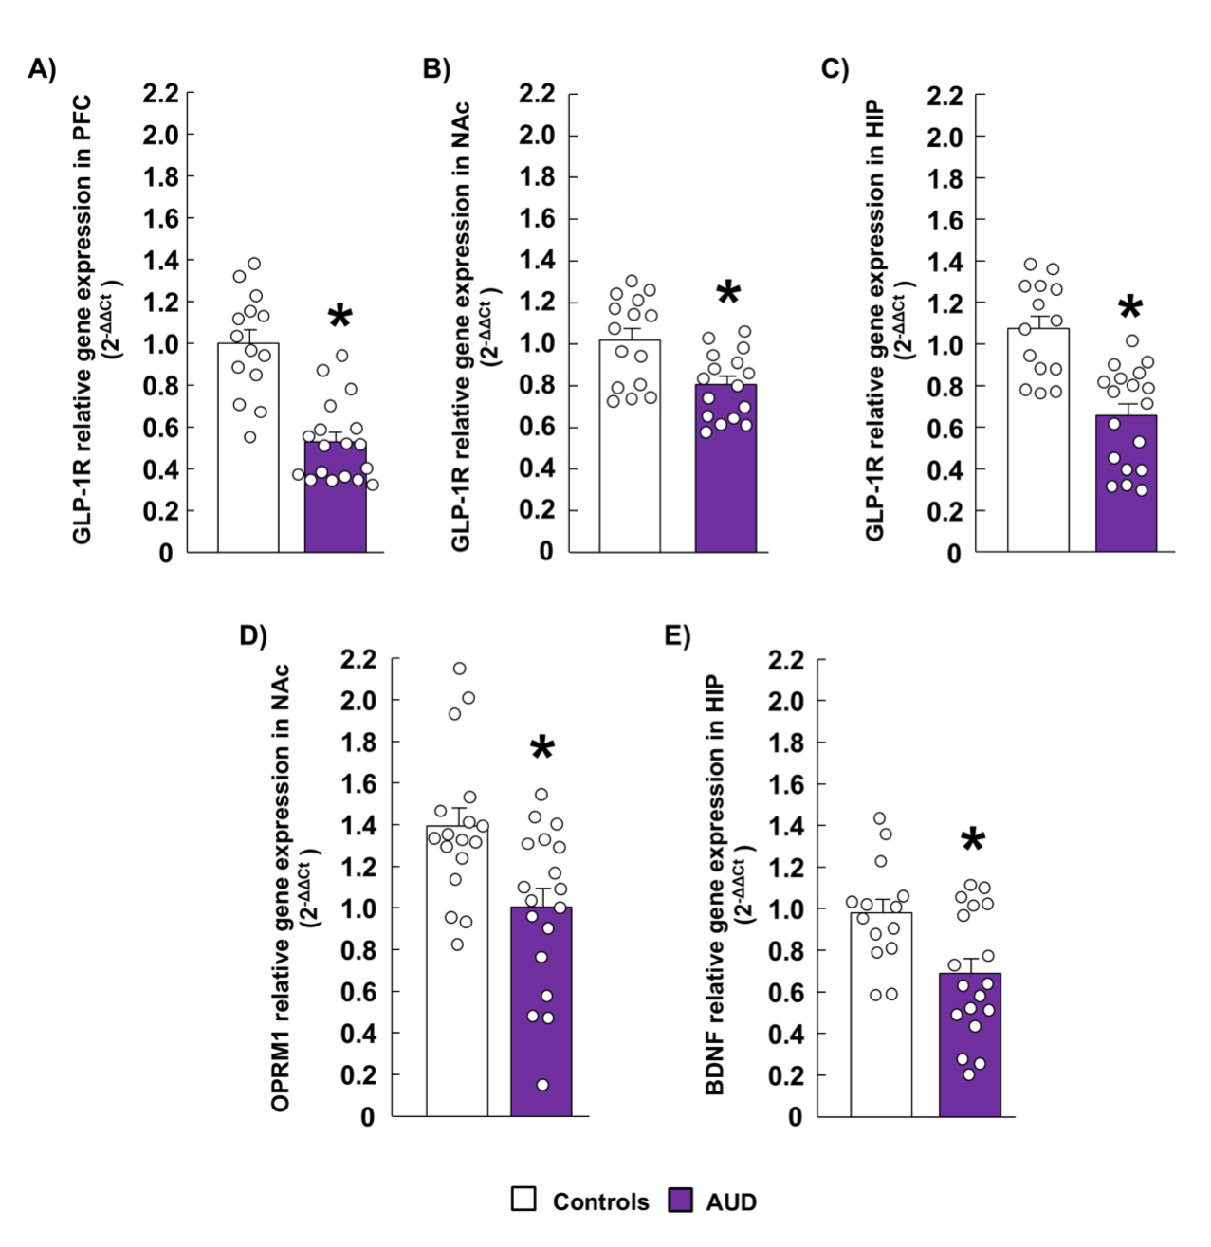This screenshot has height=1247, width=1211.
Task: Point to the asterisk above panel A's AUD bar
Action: pyautogui.click(x=339, y=317)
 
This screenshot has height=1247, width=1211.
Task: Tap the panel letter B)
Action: pyautogui.click(x=435, y=69)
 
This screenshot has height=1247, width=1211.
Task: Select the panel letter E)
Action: pyautogui.click(x=677, y=634)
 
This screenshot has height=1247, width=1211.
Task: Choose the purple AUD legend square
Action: pyautogui.click(x=680, y=1200)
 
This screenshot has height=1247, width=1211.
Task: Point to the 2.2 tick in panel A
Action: pyautogui.click(x=161, y=93)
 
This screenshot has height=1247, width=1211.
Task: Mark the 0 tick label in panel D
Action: pyautogui.click(x=367, y=1117)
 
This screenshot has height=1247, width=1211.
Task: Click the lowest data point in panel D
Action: pyautogui.click(x=542, y=1085)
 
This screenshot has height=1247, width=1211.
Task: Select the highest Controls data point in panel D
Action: pyautogui.click(x=460, y=669)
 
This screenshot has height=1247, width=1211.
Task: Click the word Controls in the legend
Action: pyautogui.click(x=600, y=1201)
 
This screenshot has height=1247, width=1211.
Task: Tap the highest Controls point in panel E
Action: pyautogui.click(x=879, y=818)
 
